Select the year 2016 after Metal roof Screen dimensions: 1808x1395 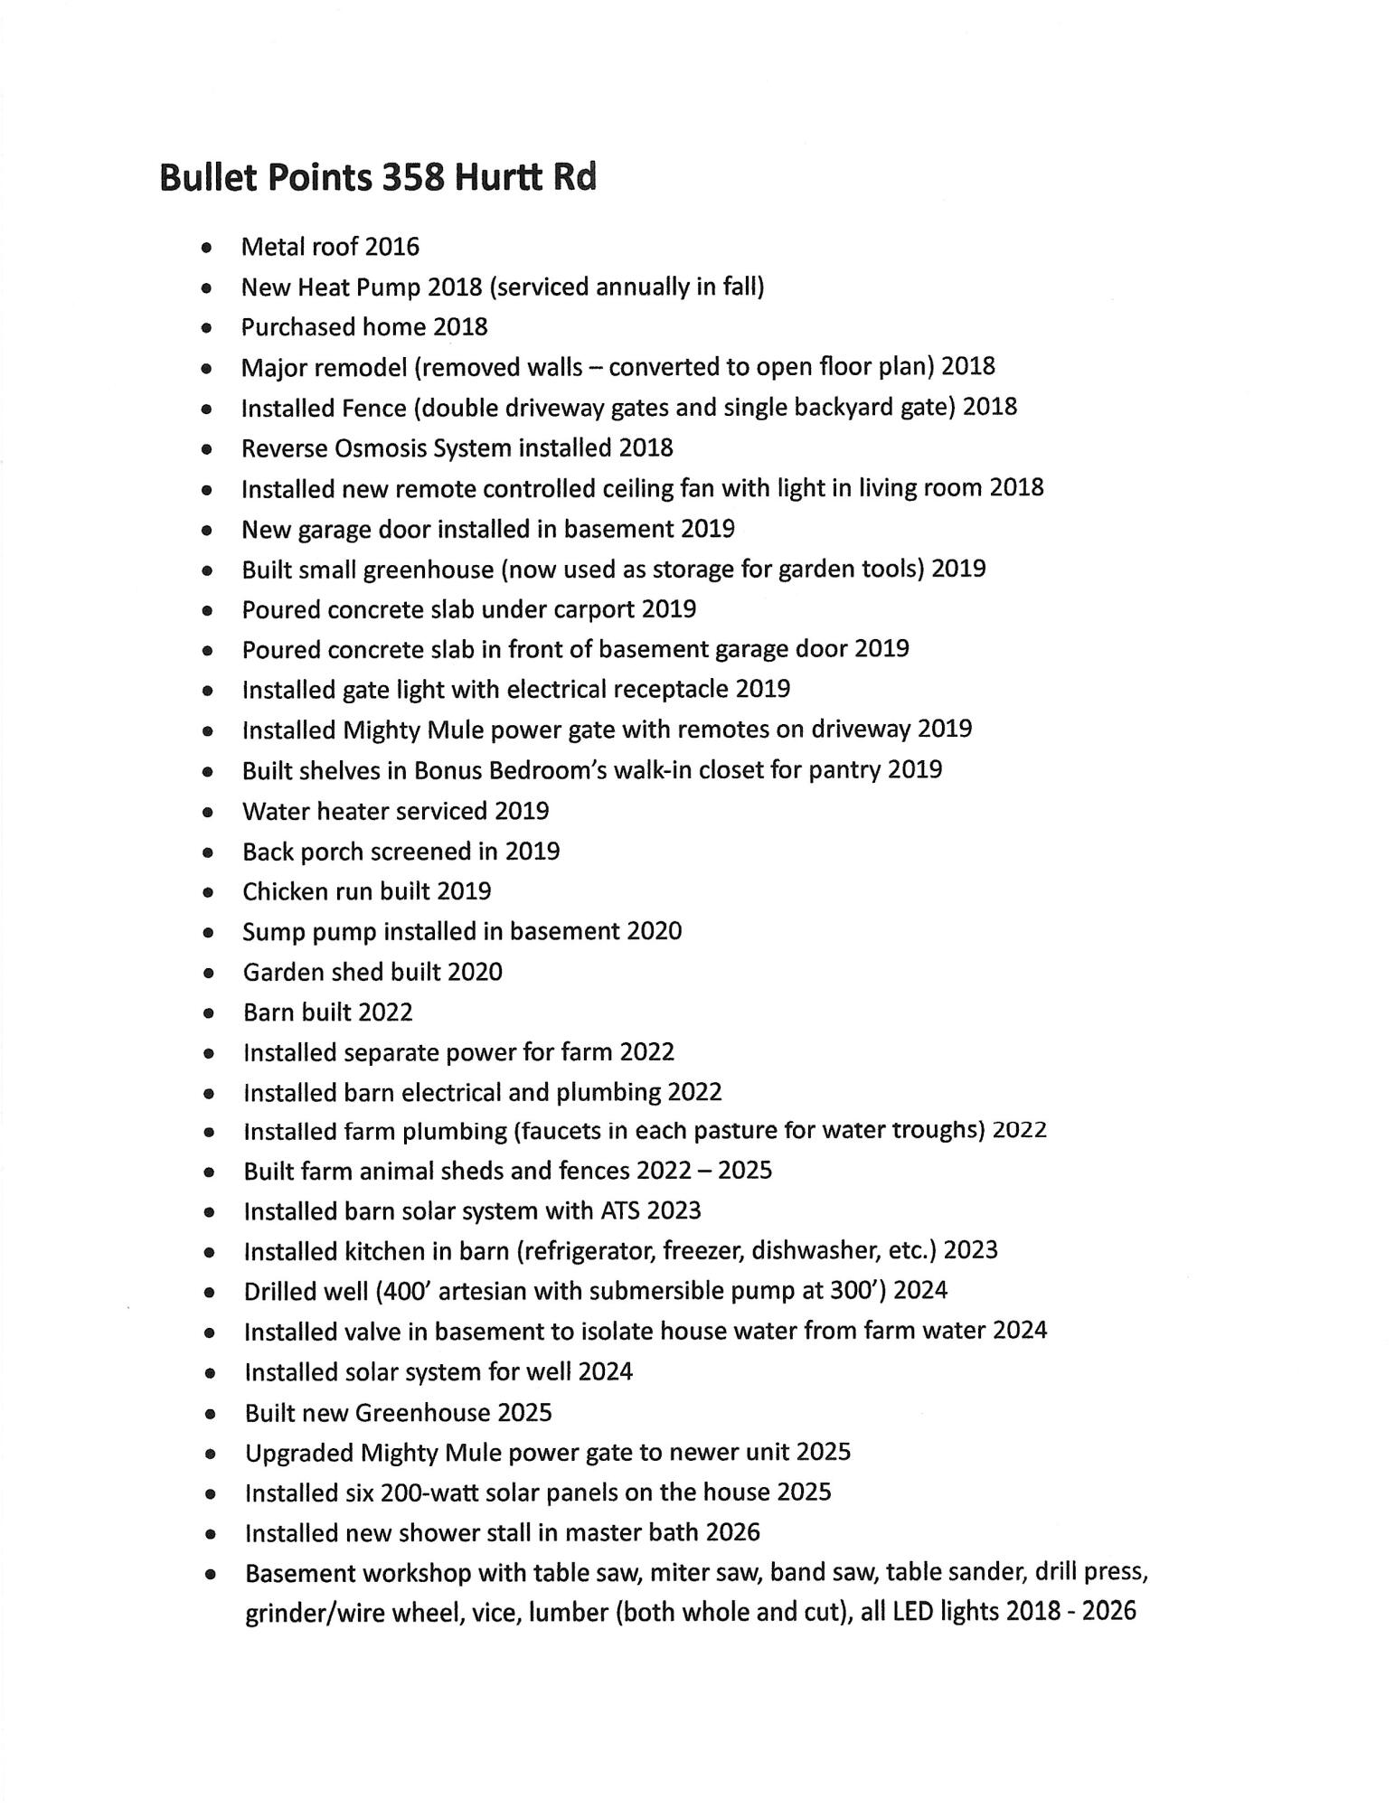(392, 247)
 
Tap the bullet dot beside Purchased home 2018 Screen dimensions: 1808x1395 (208, 328)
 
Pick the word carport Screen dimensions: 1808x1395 (591, 609)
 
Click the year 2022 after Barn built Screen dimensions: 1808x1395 (385, 1012)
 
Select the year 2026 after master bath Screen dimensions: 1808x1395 (732, 1532)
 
